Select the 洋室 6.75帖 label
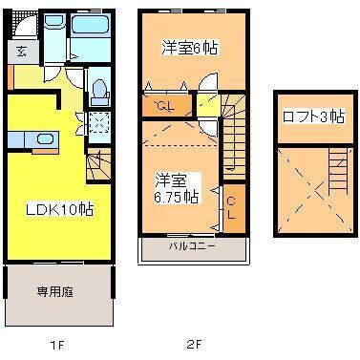[x=178, y=187]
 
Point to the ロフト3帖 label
[x=312, y=116]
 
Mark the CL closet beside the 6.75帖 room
[x=232, y=205]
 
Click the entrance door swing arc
[x=28, y=74]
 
